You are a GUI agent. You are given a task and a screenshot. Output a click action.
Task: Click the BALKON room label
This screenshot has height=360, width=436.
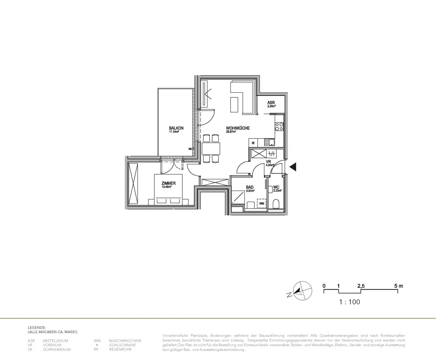(176, 128)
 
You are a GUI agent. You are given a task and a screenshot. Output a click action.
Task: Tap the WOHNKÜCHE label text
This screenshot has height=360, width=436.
(238, 128)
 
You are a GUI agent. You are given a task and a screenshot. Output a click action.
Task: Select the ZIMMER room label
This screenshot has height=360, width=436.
(169, 183)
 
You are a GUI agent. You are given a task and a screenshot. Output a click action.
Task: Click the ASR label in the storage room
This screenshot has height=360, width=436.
(271, 103)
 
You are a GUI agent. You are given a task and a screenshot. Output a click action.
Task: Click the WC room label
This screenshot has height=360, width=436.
(276, 188)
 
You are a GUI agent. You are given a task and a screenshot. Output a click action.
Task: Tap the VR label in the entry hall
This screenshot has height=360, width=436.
(269, 161)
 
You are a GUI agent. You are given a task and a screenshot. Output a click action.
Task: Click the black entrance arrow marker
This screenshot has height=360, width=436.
(292, 167)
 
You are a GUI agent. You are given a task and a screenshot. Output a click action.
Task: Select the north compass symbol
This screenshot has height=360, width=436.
(302, 291)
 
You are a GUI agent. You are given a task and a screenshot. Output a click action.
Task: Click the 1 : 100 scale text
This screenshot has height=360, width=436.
(349, 302)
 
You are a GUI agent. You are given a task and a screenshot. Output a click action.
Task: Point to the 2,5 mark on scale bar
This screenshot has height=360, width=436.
(361, 286)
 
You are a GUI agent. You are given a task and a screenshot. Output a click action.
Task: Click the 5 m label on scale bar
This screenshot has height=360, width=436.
(399, 286)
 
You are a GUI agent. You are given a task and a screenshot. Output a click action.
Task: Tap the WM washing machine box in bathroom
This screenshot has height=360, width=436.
(261, 203)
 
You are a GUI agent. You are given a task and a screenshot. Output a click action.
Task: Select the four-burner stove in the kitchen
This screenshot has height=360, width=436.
(279, 126)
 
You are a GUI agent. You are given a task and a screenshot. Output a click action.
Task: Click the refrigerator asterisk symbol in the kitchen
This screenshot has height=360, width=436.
(253, 143)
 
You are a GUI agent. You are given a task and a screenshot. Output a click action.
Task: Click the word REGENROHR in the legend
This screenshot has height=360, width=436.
(120, 349)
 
